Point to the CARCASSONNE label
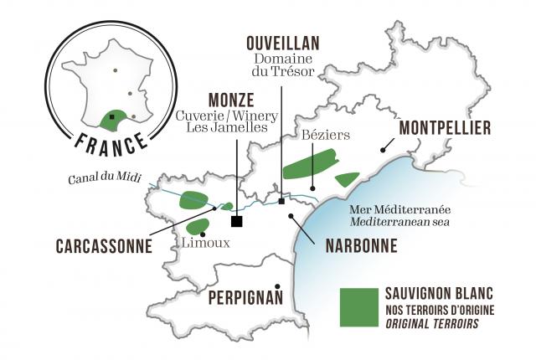coord(105,246)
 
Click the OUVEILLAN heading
coord(282,44)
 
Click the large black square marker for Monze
coord(237,221)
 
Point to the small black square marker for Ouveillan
coord(281,201)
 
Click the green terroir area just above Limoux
coord(198,226)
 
